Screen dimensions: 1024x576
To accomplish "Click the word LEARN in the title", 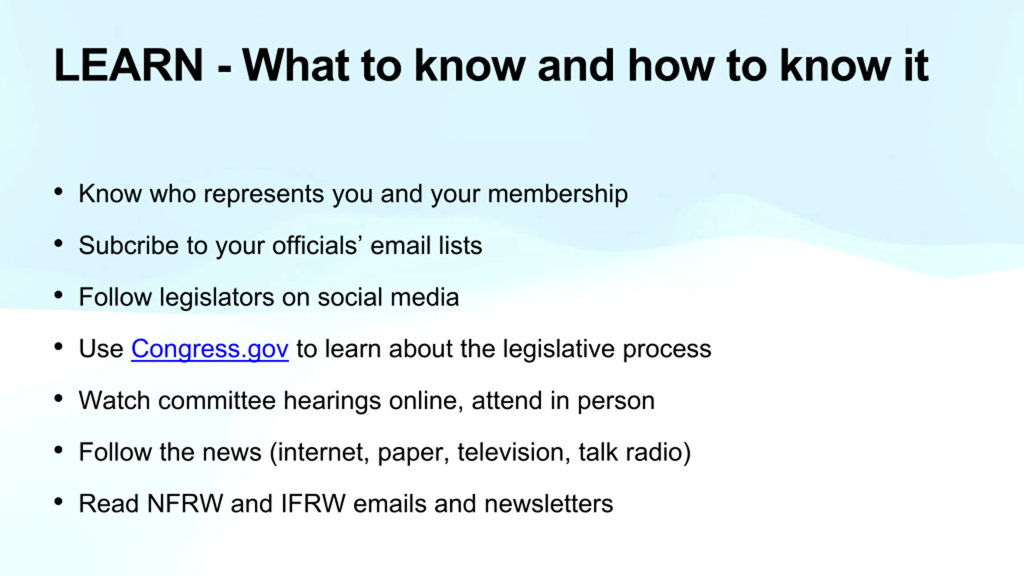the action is pos(129,66).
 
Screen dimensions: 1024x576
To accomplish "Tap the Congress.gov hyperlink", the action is pos(210,349).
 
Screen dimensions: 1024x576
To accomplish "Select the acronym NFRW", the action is pos(185,504).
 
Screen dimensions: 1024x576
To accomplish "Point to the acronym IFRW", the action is pos(313,504).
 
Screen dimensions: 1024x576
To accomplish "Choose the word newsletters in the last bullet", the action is pos(548,504).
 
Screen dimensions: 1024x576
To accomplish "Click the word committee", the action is pos(217,400).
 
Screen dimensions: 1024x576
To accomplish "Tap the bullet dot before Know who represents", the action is pos(58,192).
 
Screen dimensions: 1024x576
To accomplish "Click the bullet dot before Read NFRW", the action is pos(58,502).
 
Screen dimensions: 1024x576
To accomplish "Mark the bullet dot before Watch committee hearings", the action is pos(58,398).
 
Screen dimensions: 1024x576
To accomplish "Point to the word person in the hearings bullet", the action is pos(616,402).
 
